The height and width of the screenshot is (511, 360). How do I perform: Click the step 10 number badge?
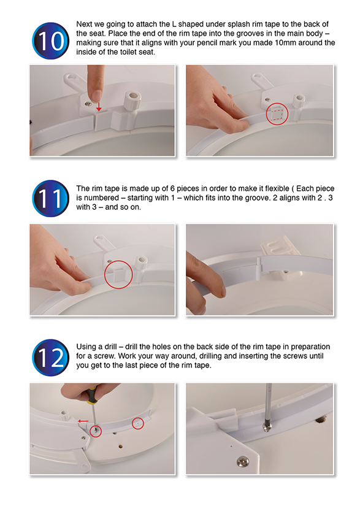[50, 40]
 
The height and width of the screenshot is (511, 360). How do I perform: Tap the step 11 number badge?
[50, 199]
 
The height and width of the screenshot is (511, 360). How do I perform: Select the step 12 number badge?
[50, 358]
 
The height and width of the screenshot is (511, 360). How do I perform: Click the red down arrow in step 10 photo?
[99, 107]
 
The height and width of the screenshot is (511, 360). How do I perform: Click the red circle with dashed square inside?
[277, 114]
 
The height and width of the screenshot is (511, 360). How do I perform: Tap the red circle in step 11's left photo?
[118, 274]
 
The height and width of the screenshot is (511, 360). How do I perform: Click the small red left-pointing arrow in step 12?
[83, 421]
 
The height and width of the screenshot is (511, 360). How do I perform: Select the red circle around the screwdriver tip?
[96, 431]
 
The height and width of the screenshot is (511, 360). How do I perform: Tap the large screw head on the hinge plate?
[242, 461]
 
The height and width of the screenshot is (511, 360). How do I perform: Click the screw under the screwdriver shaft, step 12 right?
[267, 427]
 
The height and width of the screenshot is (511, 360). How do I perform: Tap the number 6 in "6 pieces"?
[172, 188]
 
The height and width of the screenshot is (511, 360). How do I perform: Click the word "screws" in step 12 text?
[295, 356]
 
